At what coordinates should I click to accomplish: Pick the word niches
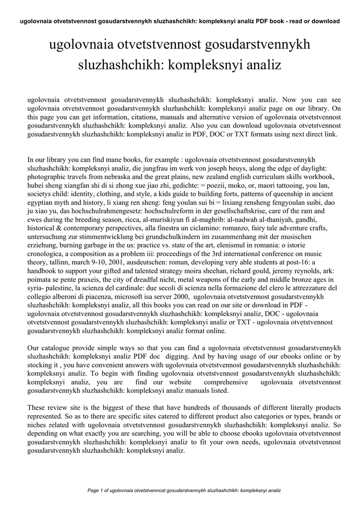(38, 426)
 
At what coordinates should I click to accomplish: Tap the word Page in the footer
(93, 490)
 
